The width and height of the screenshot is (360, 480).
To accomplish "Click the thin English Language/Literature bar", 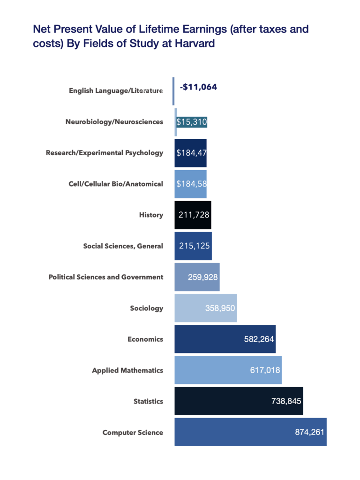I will pyautogui.click(x=173, y=91).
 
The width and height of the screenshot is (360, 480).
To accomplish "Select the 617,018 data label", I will pyautogui.click(x=265, y=370).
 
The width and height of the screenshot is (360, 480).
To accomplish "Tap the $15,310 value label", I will pyautogui.click(x=191, y=122).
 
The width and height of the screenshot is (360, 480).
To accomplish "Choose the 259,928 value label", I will pyautogui.click(x=202, y=277).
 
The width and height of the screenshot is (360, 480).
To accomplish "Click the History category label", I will pyautogui.click(x=151, y=215).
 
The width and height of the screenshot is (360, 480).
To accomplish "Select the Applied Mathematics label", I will pyautogui.click(x=127, y=370).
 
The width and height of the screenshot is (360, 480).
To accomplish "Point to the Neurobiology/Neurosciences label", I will pyautogui.click(x=114, y=122).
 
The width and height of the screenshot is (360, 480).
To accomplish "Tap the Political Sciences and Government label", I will pyautogui.click(x=106, y=277).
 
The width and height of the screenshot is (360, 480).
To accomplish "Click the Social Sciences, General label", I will pyautogui.click(x=123, y=246).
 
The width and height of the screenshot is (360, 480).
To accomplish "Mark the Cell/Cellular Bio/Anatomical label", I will pyautogui.click(x=116, y=184).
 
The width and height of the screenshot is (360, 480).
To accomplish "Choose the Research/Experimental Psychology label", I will pyautogui.click(x=105, y=153).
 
